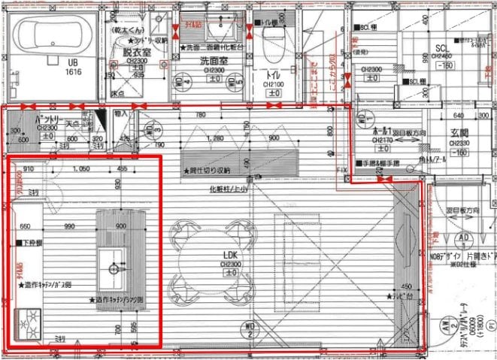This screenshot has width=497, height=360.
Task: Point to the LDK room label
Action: coord(229,256)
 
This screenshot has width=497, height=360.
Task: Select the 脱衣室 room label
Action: coord(138,53)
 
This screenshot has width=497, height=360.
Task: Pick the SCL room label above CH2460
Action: coord(441,49)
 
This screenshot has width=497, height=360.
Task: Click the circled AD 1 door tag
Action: coord(464,239)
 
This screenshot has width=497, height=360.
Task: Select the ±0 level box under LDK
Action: coord(229,273)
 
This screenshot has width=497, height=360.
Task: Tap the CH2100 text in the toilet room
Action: coord(275,84)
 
